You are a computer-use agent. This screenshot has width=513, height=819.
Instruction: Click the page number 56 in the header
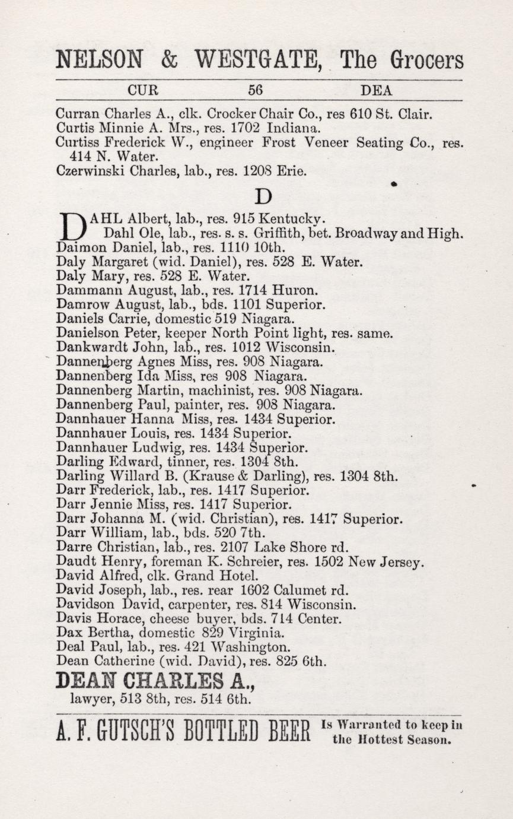(256, 91)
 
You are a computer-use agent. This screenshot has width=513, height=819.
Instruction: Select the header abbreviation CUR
(143, 91)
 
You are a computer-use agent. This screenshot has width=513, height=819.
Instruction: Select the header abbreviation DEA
(376, 91)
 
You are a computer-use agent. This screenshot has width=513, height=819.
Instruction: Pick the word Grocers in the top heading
(427, 60)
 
